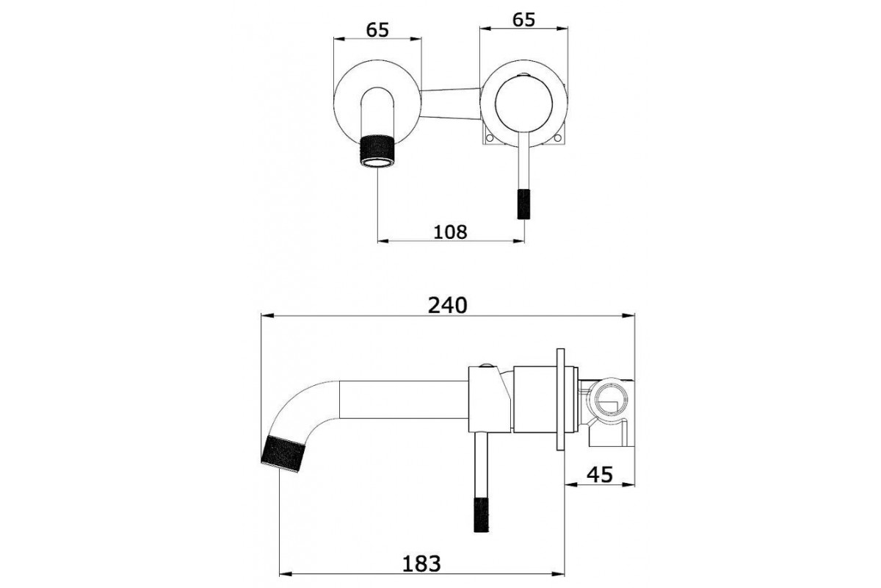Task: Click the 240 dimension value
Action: [448, 306]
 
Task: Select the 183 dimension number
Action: [421, 564]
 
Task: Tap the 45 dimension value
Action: [599, 475]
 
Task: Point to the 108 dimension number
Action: [450, 232]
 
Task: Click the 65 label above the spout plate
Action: [377, 30]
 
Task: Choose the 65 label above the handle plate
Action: [523, 20]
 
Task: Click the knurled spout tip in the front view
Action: [377, 151]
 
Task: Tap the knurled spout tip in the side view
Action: [283, 454]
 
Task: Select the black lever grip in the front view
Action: [523, 204]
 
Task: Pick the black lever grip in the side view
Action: [482, 514]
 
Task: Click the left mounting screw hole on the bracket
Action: [490, 138]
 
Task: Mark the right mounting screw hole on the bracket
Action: [558, 138]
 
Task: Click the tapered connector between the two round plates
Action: [451, 104]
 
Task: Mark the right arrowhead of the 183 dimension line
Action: [558, 574]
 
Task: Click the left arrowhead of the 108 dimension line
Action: [383, 241]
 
